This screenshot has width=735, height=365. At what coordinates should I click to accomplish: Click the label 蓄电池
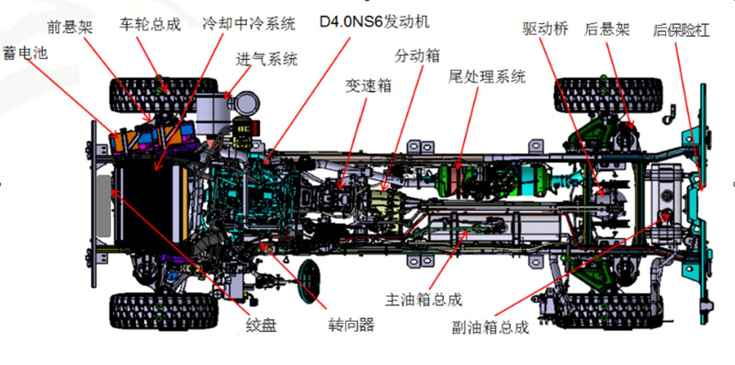[x=26, y=52]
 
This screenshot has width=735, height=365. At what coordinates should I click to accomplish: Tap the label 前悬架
[x=71, y=28]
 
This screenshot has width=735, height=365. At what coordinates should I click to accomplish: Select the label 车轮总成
[x=150, y=25]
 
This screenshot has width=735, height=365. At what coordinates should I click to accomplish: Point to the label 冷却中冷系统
[x=249, y=24]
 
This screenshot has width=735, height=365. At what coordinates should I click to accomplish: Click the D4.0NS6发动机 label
[x=374, y=22]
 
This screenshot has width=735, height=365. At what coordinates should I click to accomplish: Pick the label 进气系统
[x=266, y=60]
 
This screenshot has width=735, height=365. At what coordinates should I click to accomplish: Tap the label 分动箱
[x=417, y=56]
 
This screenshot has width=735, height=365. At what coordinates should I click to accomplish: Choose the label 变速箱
[x=368, y=86]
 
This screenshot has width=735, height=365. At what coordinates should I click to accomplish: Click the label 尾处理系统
[x=487, y=76]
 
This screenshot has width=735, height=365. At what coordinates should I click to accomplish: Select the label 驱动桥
[x=546, y=29]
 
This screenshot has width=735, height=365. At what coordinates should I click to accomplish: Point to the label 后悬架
[x=606, y=30]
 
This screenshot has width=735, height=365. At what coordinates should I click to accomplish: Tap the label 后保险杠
[x=681, y=31]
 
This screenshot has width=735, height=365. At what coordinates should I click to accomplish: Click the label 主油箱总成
[x=424, y=300]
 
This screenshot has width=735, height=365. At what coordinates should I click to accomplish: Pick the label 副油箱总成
[x=491, y=327]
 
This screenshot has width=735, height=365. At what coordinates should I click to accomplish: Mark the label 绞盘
[x=261, y=325]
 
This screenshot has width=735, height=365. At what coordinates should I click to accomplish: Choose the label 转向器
[x=351, y=325]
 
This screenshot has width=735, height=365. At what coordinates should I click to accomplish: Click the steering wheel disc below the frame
[x=310, y=281]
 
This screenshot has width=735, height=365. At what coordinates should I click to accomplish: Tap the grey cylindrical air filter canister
[x=210, y=115]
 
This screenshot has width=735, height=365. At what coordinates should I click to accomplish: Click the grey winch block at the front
[x=104, y=206]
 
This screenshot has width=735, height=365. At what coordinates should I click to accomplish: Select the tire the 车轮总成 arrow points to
[x=164, y=96]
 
